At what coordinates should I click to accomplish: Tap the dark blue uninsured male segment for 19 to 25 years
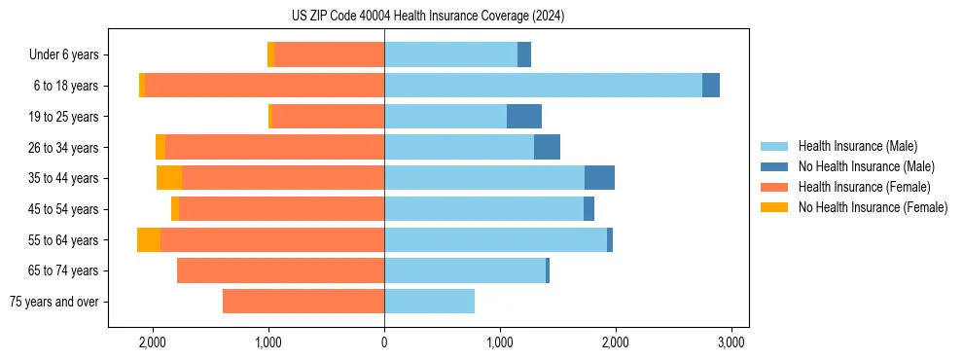tap(524, 117)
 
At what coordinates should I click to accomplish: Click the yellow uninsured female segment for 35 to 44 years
tap(169, 178)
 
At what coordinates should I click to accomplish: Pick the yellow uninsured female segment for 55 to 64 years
tap(149, 240)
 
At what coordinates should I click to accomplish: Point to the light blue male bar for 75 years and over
tap(429, 302)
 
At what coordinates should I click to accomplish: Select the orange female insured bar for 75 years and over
tap(303, 302)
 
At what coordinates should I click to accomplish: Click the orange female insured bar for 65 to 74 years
tap(280, 270)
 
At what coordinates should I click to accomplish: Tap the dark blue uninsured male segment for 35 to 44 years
tap(599, 178)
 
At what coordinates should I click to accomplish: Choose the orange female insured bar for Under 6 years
tap(329, 55)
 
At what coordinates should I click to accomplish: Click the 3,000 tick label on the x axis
tap(731, 342)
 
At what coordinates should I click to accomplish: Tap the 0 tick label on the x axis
tap(384, 342)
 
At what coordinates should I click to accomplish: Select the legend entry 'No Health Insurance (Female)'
tap(873, 207)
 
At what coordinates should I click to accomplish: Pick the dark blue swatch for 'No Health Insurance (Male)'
tap(775, 166)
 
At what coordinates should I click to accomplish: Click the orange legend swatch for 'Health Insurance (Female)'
tap(775, 187)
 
